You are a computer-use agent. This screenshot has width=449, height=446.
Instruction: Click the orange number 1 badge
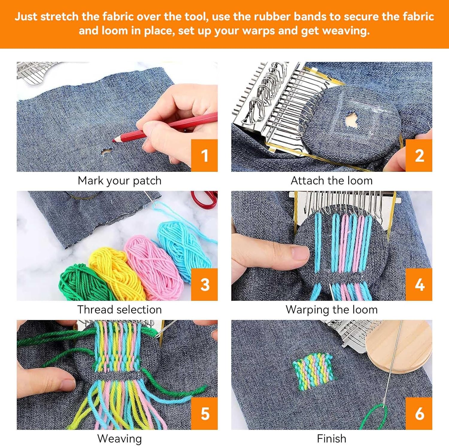click(x=204, y=155)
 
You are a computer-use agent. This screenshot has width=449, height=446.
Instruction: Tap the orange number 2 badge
click(x=419, y=155)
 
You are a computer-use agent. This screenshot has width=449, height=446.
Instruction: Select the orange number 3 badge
click(x=204, y=284)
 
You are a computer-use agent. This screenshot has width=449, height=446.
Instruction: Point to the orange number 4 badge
click(x=419, y=284)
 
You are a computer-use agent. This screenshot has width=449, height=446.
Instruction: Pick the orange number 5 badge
click(x=204, y=413)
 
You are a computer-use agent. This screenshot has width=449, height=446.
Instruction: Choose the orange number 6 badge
click(x=419, y=413)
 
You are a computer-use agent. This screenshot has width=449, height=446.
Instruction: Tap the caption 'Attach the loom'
click(x=332, y=180)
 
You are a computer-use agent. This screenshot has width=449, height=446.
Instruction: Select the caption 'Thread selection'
click(x=119, y=310)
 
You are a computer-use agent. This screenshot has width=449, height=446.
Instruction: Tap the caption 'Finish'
click(x=332, y=439)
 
